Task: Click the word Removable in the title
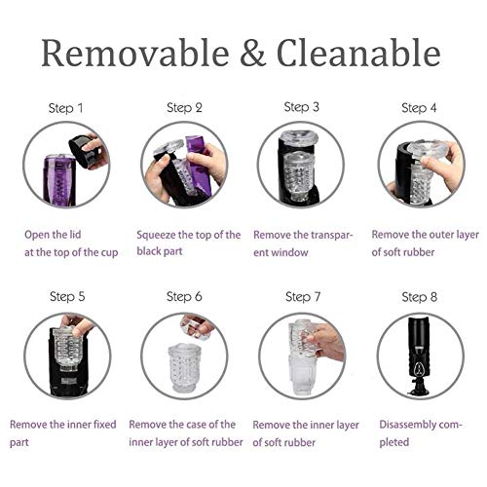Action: pos(135,53)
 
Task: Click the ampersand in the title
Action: pos(253,53)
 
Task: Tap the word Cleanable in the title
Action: pos(358,53)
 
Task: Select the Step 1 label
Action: pos(66,108)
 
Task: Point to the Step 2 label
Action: pos(184,108)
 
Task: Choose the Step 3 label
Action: pos(302,107)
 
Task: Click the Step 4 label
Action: pos(419,108)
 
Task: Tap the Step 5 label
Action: pos(67,297)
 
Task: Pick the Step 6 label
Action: pos(184,297)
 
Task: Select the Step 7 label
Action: pos(303,297)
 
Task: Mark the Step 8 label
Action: pos(420,297)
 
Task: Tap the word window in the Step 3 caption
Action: pos(289,252)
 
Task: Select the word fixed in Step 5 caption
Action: pos(104,425)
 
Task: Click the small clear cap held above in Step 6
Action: pos(196,326)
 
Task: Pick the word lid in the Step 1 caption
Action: pos(75,235)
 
